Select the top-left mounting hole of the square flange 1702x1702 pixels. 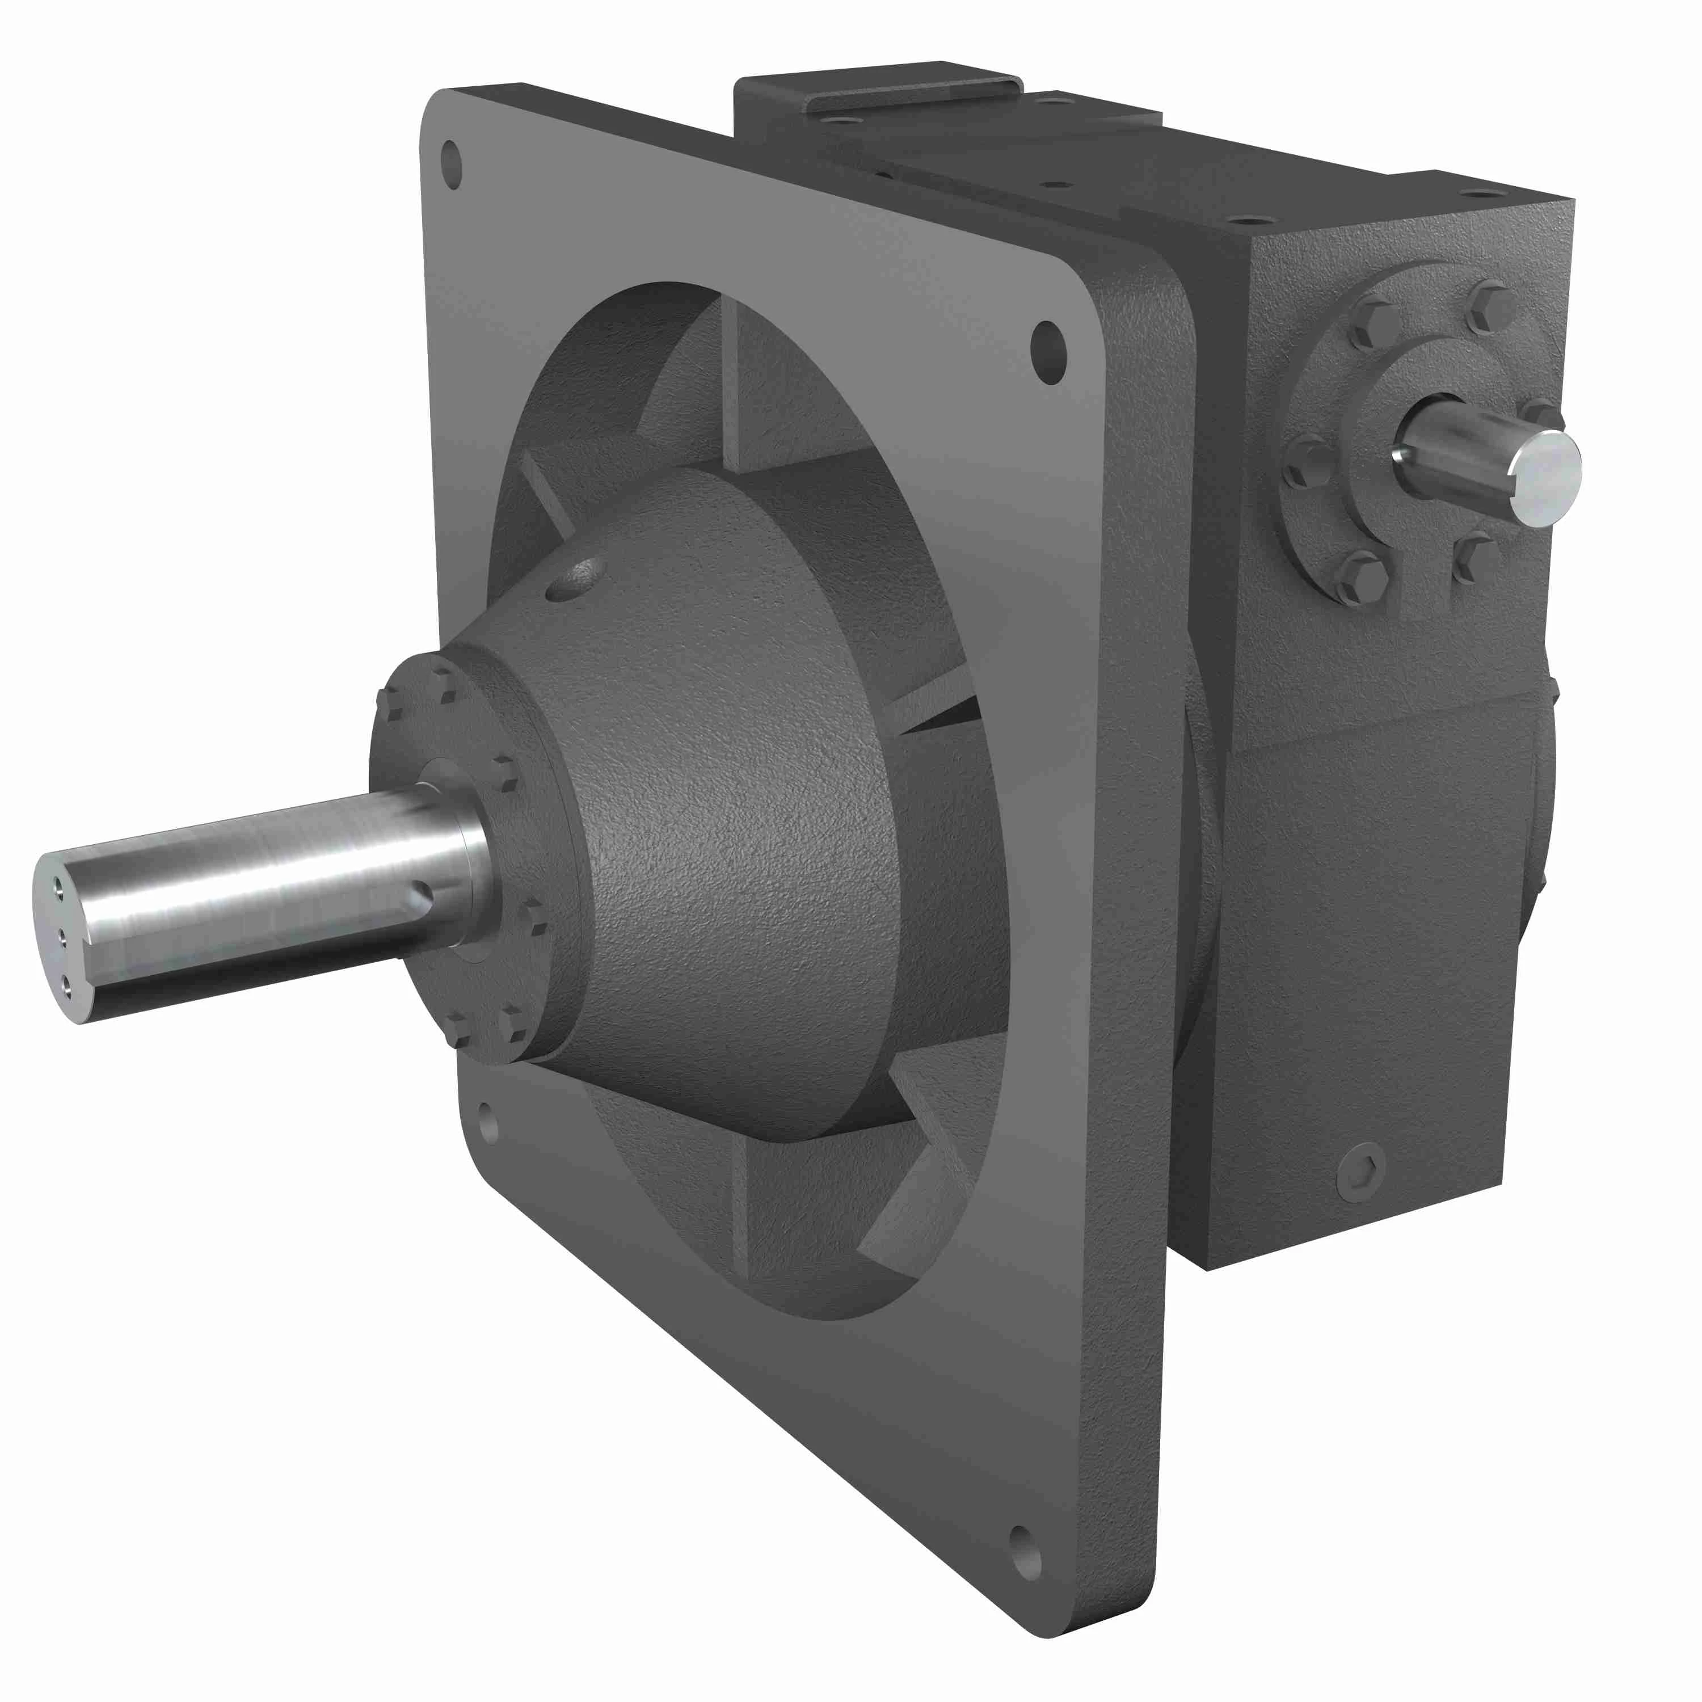(452, 164)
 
